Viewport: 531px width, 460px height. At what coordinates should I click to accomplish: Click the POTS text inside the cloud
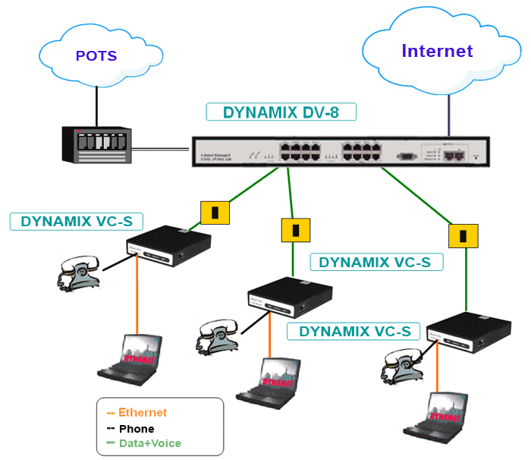[x=96, y=56]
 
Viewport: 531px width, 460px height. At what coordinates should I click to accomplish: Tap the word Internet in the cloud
[x=437, y=51]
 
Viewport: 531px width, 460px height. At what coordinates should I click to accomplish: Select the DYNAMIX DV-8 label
[x=281, y=112]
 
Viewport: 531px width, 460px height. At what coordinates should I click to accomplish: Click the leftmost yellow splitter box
[x=215, y=213]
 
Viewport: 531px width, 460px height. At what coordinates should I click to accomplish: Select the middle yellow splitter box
[x=296, y=229]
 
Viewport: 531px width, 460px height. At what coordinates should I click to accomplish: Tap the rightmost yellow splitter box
[x=462, y=235]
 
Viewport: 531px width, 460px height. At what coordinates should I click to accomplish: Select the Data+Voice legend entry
[x=149, y=443]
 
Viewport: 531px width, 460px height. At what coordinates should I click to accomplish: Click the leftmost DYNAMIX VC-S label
[x=77, y=222]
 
